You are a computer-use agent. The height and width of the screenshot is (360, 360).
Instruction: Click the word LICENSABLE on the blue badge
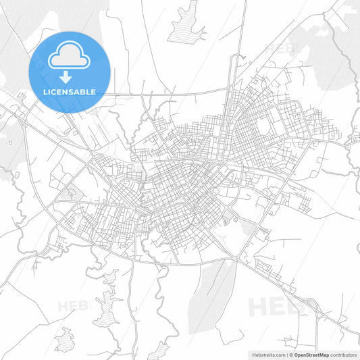[70, 91]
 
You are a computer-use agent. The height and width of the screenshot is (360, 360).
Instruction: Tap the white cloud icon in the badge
[69, 57]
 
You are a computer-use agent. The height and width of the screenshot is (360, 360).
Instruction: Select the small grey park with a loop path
[70, 195]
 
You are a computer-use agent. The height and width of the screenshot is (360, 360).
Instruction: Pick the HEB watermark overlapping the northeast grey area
[280, 49]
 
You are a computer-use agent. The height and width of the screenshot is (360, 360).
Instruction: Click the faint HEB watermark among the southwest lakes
[71, 305]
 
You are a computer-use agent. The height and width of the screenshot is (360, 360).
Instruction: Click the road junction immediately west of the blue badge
[22, 99]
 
